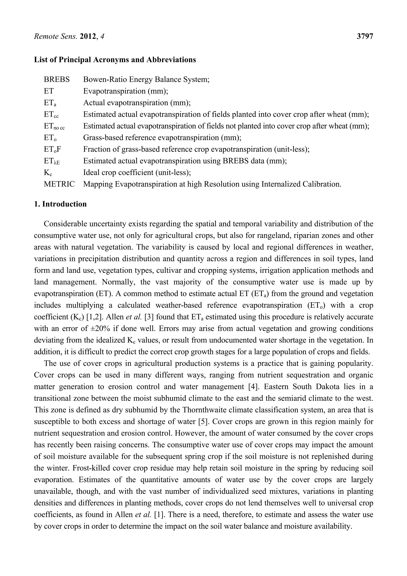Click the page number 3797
point(365,37)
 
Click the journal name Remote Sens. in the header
point(55,37)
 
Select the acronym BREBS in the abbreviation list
point(57,80)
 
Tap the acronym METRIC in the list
point(59,184)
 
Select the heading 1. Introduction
point(60,204)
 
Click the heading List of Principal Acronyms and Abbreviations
point(115,60)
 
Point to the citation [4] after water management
point(252,387)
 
